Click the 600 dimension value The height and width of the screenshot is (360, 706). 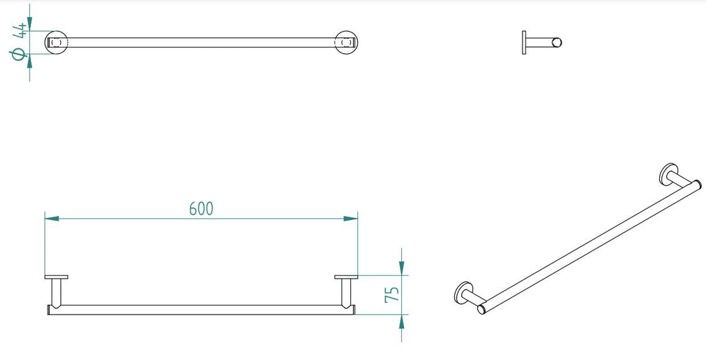201,208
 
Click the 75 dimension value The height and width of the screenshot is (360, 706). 391,295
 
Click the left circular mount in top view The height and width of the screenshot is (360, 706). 57,43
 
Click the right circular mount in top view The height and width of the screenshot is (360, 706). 346,43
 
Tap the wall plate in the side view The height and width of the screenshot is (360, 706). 524,43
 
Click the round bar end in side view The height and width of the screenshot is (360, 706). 557,43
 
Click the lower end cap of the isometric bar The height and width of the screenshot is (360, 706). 482,308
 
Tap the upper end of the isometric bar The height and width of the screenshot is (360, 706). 696,184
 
